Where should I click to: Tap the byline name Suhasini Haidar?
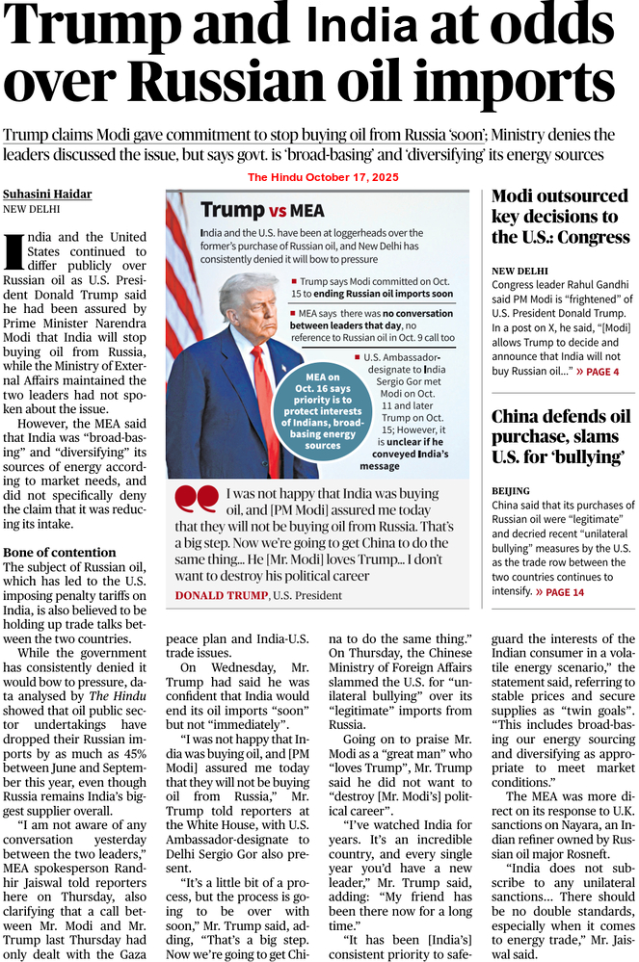[x=47, y=194]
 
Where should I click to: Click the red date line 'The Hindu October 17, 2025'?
[x=323, y=177]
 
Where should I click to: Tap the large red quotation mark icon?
[x=197, y=499]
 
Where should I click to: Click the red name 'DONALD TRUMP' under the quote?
[x=222, y=596]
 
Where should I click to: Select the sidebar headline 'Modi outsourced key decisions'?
[x=560, y=217]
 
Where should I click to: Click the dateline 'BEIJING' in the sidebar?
[x=511, y=489]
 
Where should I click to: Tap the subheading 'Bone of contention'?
[x=59, y=553]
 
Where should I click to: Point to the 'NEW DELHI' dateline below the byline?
[x=31, y=208]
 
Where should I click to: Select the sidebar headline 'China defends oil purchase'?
[x=560, y=436]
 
